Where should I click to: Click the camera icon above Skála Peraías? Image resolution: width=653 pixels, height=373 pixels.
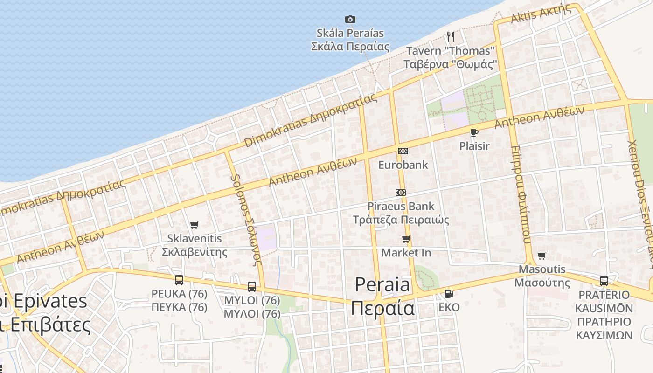[350, 19]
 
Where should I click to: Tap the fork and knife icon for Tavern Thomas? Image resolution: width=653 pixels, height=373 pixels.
[450, 36]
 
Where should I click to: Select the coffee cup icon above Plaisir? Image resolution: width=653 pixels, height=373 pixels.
[474, 132]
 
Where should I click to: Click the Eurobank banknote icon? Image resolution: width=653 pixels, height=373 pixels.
[403, 151]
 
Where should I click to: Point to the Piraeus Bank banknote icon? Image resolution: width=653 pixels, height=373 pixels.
[400, 193]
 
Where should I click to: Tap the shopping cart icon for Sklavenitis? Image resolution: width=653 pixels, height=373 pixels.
[195, 225]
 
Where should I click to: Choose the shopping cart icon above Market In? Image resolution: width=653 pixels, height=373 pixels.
[406, 239]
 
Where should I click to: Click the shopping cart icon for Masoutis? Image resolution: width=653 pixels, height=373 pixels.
[542, 256]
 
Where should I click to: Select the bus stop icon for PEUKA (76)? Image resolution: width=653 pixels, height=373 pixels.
[179, 280]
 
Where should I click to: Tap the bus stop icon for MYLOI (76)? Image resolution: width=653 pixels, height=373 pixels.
[252, 287]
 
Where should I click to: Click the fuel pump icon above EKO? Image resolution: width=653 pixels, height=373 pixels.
[449, 293]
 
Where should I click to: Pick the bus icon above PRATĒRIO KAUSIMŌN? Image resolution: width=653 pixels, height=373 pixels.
[604, 281]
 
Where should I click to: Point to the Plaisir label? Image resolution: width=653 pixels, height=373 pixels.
[474, 146]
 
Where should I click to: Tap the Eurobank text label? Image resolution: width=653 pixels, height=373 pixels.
[403, 165]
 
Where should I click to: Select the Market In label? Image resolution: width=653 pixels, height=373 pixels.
[406, 253]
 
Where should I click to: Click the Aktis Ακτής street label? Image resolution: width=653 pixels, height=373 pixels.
[541, 14]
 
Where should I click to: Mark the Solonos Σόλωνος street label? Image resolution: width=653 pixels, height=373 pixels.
[246, 220]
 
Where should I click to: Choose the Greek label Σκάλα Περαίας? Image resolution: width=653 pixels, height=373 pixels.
[350, 46]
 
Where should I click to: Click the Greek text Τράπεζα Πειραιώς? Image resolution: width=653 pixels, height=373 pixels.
[401, 220]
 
